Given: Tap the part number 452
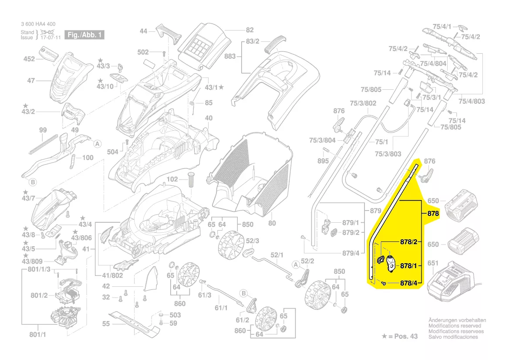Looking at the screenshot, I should click(29, 59).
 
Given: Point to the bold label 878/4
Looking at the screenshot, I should click(409, 284).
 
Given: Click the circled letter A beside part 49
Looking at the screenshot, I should click(98, 143).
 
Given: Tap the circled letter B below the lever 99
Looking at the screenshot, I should click(32, 182).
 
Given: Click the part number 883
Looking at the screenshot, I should click(230, 57).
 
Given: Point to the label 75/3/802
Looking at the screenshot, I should click(363, 103).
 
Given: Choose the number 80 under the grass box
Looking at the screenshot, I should click(272, 223).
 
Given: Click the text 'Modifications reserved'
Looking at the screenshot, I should click(455, 326).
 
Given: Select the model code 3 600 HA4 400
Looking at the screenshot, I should click(38, 24).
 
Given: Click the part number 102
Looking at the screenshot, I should click(172, 179).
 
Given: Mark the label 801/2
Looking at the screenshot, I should click(39, 295).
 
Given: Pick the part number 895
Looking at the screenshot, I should click(323, 161).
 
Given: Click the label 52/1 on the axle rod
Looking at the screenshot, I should click(277, 255).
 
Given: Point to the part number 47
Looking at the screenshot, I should click(31, 81).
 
